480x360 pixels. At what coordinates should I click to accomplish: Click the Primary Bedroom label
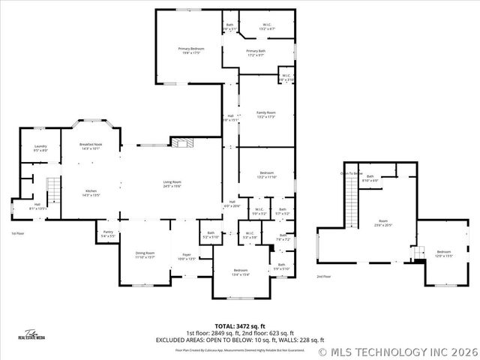[191, 50]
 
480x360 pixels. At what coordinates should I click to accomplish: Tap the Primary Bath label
[256, 53]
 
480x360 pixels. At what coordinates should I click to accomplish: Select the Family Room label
[266, 115]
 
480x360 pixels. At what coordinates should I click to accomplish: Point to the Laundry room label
[40, 148]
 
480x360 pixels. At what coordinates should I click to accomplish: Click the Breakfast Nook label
[91, 146]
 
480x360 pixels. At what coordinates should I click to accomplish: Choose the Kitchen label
[91, 193]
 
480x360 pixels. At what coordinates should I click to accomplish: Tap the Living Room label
[172, 184]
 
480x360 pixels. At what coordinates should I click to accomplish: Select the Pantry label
[108, 233]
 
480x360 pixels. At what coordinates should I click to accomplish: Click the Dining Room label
[145, 255]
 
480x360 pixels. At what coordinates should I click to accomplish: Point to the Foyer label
[186, 256]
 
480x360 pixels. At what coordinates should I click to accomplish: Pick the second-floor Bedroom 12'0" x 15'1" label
[443, 253]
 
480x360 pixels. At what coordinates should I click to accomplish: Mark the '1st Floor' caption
[17, 233]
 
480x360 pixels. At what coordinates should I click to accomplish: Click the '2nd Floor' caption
[323, 277]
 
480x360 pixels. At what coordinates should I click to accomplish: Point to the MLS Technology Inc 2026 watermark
[397, 351]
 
